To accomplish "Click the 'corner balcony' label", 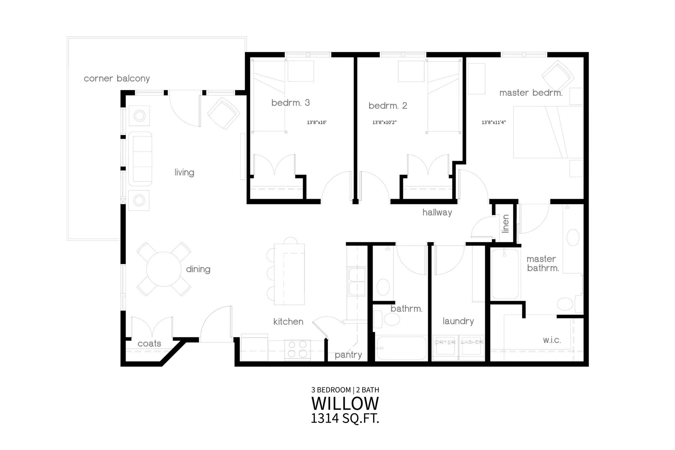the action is (x=117, y=78).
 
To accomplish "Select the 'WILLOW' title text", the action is (x=345, y=403).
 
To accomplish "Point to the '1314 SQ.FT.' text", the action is (x=345, y=418).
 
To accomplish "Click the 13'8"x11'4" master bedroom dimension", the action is (x=494, y=122).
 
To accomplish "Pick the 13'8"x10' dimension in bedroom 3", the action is (x=317, y=122).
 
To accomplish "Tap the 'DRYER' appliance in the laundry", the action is (x=445, y=348).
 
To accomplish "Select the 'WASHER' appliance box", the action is (x=472, y=348).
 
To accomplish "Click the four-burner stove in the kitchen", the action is (x=298, y=349).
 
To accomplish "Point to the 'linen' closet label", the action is (x=505, y=224).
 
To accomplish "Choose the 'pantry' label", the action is (x=348, y=355).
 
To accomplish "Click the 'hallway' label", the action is (x=437, y=213).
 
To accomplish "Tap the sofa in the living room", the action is (x=140, y=159).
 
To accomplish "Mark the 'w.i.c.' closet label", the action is (x=552, y=340).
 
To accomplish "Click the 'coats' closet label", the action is (x=149, y=343).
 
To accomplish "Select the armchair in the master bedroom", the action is (x=558, y=76).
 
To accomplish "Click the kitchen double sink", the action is (x=357, y=282).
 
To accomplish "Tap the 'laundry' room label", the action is (x=458, y=321).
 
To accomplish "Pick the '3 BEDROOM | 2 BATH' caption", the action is (x=345, y=390).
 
